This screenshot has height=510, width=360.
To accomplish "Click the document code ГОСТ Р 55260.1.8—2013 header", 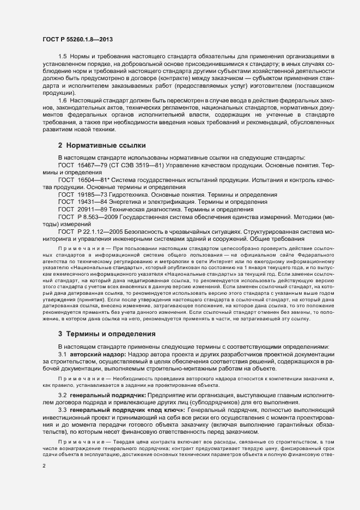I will [x=77, y=39].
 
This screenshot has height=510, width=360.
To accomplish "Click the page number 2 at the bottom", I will [x=44, y=466].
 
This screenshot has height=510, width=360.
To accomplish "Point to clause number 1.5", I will [x=63, y=57].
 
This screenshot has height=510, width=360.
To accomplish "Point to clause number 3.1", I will [x=63, y=339].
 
